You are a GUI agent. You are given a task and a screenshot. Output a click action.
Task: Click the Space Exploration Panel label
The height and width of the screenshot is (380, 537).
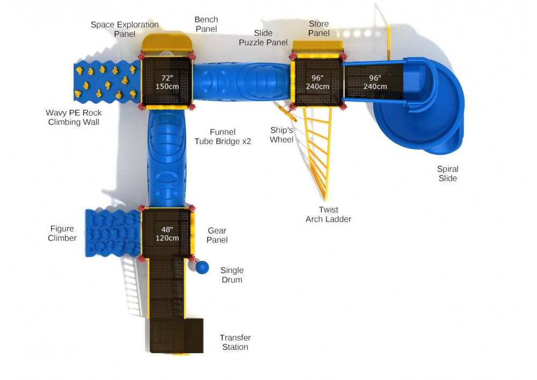coord(125,29)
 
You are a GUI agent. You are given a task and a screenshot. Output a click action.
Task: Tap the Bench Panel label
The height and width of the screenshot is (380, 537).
coord(206,24)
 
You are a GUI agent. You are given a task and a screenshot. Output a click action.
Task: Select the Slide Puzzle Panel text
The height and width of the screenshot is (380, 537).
coord(263,38)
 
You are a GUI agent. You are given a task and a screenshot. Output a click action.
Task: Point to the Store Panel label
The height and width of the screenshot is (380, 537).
coord(318,28)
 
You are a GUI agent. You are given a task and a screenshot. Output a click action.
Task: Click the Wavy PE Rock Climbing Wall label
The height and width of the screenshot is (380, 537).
coord(74,117)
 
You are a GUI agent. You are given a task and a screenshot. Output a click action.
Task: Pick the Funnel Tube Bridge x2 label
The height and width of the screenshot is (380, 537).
coord(223,137)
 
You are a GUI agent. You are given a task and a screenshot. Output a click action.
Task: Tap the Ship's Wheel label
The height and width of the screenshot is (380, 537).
coord(282,135)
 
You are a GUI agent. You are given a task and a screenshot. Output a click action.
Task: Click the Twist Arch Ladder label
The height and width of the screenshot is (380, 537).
coord(328,214)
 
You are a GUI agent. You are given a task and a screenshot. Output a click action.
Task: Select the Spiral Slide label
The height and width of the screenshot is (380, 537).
coord(447,174)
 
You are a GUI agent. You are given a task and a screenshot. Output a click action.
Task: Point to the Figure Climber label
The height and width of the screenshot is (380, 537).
coord(62,233)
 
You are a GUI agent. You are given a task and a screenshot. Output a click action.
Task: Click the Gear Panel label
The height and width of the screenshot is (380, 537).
coord(217,235)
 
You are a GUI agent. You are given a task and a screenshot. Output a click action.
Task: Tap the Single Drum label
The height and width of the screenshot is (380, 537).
coord(232,275)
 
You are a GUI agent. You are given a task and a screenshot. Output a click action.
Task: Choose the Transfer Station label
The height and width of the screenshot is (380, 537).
coord(235,342)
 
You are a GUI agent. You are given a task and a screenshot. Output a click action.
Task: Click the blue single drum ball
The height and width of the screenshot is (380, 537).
coord(202,267)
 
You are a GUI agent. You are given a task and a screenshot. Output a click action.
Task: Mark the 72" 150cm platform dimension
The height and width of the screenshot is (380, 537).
coord(166,82)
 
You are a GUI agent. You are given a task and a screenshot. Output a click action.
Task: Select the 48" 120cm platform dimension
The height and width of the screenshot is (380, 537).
coord(166,234)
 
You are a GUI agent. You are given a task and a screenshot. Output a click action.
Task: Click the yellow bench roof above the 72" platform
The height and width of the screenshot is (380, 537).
coord(166,42)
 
